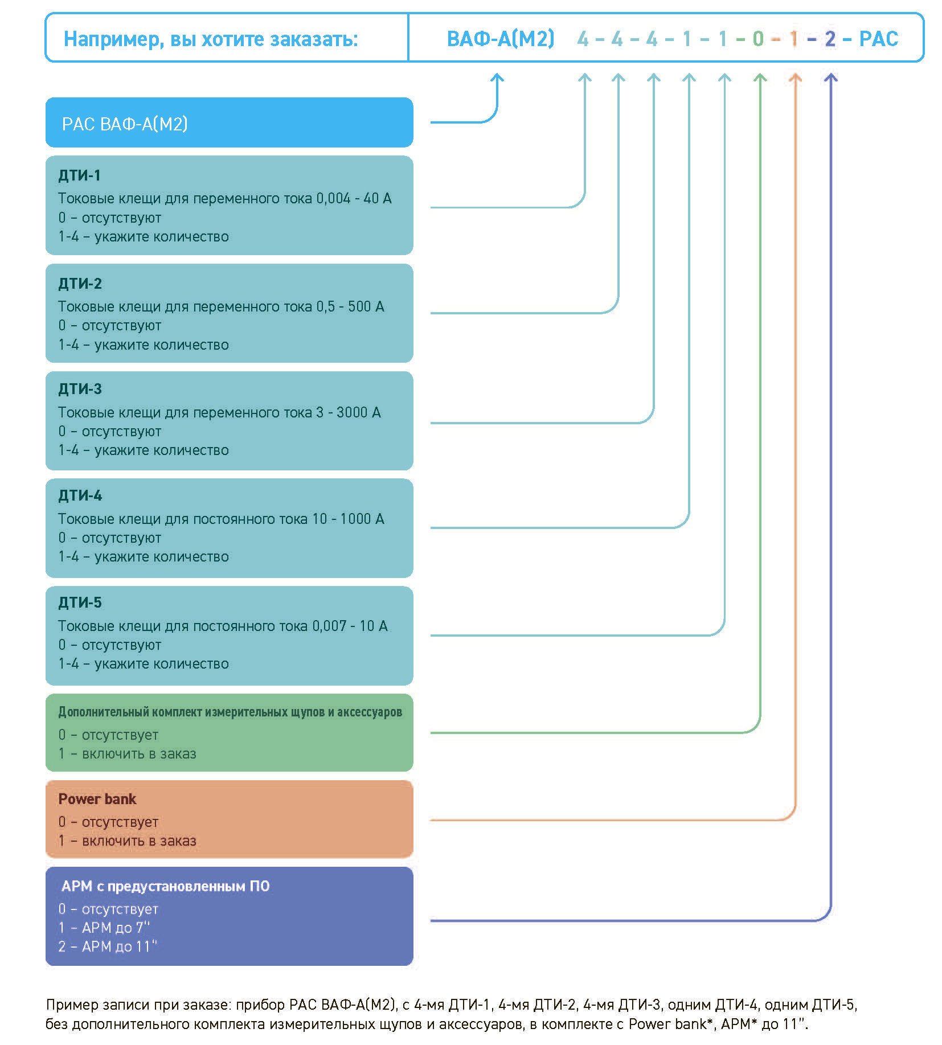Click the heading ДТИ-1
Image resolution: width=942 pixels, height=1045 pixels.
click(x=79, y=175)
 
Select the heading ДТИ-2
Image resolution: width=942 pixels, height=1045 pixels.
click(x=80, y=284)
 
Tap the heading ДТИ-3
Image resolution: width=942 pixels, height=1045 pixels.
click(x=80, y=389)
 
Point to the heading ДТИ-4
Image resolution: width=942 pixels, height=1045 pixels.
click(x=80, y=495)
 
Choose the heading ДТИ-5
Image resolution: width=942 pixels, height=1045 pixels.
click(x=80, y=603)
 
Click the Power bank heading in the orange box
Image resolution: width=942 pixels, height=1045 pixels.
click(x=97, y=799)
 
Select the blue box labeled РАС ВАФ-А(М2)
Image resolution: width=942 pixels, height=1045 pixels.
click(x=229, y=122)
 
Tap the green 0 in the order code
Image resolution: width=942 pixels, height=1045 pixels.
click(x=757, y=39)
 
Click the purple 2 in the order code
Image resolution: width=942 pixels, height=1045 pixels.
click(x=830, y=39)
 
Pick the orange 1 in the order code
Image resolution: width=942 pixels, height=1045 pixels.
click(x=793, y=39)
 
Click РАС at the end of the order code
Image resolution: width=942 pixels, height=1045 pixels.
click(x=878, y=39)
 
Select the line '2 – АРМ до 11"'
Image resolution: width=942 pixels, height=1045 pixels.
click(x=108, y=946)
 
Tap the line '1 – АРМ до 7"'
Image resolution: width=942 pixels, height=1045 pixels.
click(x=104, y=928)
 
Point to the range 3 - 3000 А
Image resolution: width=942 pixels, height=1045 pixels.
click(x=349, y=412)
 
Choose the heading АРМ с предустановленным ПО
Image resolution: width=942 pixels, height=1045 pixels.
click(x=165, y=886)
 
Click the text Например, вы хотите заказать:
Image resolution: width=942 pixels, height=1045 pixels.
click(x=211, y=39)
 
